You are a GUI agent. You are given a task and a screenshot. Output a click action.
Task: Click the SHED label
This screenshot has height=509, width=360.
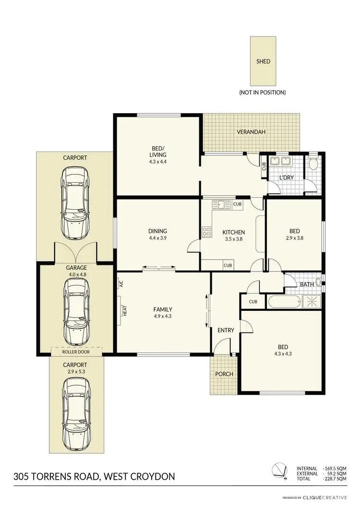(263, 61)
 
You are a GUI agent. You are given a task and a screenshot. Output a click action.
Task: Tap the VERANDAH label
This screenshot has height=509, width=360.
(251, 132)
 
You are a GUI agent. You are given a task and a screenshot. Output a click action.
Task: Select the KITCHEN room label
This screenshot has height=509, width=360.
(234, 232)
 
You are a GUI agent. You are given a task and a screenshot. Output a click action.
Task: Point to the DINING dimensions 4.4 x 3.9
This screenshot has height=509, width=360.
(158, 238)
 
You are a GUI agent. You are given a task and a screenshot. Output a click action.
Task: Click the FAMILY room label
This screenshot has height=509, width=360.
(163, 309)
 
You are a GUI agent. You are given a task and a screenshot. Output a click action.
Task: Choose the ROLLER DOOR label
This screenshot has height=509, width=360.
(76, 352)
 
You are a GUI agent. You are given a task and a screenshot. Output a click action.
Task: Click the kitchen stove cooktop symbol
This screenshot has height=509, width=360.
(207, 232)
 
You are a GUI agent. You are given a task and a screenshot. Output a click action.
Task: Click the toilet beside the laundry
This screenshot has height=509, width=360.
(313, 164)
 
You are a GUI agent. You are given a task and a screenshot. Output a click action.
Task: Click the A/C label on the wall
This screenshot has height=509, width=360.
(121, 284)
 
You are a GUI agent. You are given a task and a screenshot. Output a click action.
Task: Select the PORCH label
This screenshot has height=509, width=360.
(224, 374)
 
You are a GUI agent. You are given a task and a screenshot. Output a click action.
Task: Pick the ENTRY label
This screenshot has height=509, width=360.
(226, 330)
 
